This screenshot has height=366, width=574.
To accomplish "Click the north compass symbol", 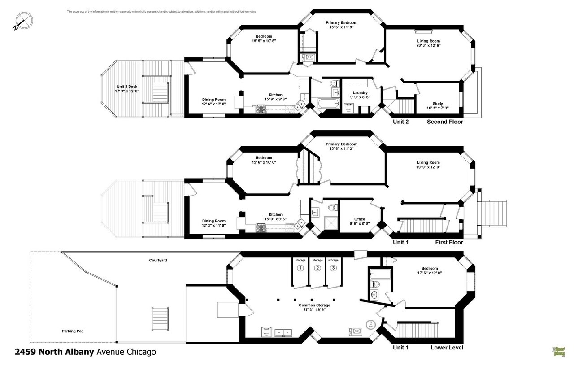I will (23, 21).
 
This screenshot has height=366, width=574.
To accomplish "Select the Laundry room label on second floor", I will (360, 93).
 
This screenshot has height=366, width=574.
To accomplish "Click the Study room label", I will (437, 104).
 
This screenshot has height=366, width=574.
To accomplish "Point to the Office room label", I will (360, 219).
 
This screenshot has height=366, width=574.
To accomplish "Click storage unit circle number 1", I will (300, 268).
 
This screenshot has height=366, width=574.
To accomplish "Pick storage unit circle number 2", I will (317, 268).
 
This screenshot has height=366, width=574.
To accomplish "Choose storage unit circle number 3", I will (333, 268).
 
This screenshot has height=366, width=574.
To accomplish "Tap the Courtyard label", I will (158, 260).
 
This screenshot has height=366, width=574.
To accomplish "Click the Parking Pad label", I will (73, 331).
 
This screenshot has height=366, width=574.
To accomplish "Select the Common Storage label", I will (314, 305).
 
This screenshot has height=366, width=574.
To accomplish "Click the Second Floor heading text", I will (444, 122).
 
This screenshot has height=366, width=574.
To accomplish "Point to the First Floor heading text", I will (449, 242).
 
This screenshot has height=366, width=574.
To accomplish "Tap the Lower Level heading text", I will (447, 348).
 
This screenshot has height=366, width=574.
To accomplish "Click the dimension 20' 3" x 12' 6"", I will (428, 45).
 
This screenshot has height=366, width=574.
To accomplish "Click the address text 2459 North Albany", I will (54, 352).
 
